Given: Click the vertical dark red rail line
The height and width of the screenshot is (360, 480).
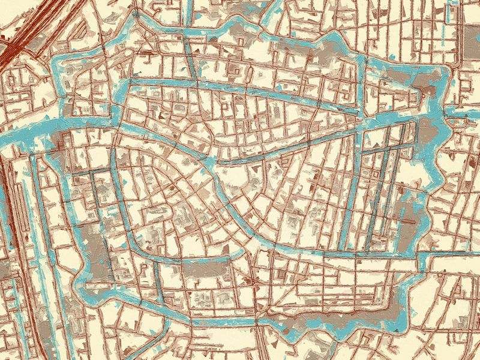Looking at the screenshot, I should pyautogui.click(x=6, y=198).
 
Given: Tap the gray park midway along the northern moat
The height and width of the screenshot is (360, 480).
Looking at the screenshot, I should pyautogui.click(x=240, y=33).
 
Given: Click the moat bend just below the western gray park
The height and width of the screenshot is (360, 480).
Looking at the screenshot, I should pyautogui.click(x=84, y=282).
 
